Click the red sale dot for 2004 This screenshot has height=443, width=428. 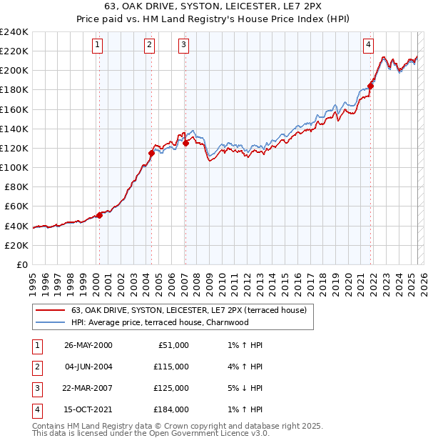coord(151,153)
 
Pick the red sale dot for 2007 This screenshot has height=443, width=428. coord(185,143)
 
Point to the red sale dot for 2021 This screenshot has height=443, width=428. coord(371,86)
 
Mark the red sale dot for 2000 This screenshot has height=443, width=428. coord(100,215)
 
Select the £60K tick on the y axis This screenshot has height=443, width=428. coord(16,206)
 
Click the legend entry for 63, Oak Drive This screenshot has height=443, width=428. coord(188,310)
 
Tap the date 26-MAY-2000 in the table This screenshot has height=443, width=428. coord(88,345)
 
